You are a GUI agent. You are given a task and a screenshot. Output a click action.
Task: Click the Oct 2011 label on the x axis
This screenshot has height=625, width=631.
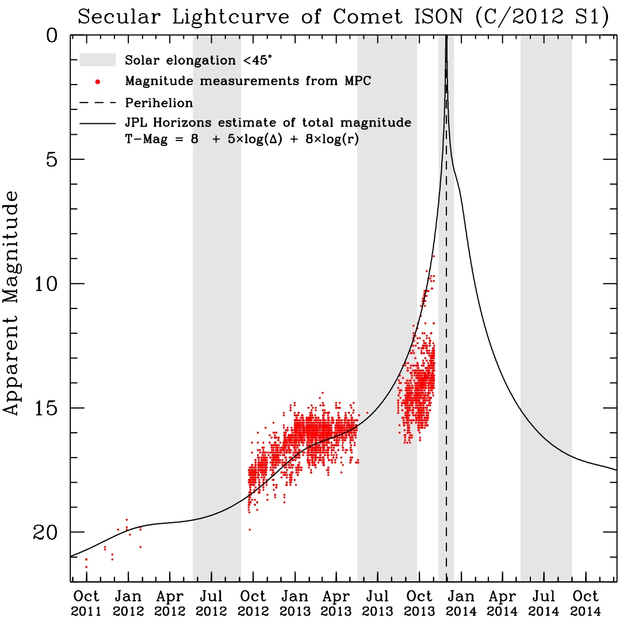click(86, 603)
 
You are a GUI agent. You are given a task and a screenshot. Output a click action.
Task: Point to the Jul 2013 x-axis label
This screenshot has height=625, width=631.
click(378, 603)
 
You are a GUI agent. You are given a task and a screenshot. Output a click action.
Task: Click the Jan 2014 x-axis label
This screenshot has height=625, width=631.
click(461, 603)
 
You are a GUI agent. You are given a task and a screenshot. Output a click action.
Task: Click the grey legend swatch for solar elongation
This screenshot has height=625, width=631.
click(98, 60)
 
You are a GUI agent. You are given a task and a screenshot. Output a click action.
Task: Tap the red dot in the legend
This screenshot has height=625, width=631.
click(98, 81)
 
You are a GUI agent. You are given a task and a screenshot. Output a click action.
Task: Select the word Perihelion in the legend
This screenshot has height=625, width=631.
click(159, 103)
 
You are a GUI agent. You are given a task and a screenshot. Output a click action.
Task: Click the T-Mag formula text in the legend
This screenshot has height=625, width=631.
click(242, 139)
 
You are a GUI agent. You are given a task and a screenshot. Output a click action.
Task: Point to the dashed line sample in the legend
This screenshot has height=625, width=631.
click(98, 103)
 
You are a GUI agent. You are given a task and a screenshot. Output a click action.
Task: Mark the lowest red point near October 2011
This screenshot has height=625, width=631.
click(86, 567)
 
